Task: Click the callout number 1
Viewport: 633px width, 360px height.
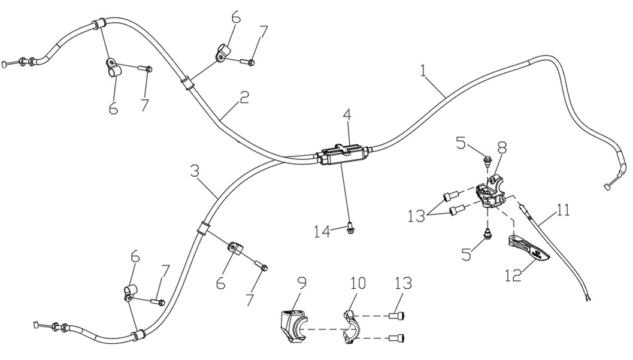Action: pyautogui.click(x=423, y=71)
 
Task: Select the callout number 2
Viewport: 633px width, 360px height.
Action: pyautogui.click(x=243, y=98)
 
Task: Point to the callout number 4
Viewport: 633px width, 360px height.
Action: pyautogui.click(x=347, y=116)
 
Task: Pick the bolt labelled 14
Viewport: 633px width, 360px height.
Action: pyautogui.click(x=349, y=229)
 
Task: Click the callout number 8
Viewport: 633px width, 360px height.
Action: pyautogui.click(x=502, y=147)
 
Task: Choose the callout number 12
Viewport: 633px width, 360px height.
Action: pyautogui.click(x=514, y=275)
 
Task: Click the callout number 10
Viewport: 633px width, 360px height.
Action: pyautogui.click(x=358, y=284)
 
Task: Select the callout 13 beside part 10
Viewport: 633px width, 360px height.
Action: pyautogui.click(x=404, y=283)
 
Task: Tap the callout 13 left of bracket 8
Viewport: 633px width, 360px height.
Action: pyautogui.click(x=416, y=216)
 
